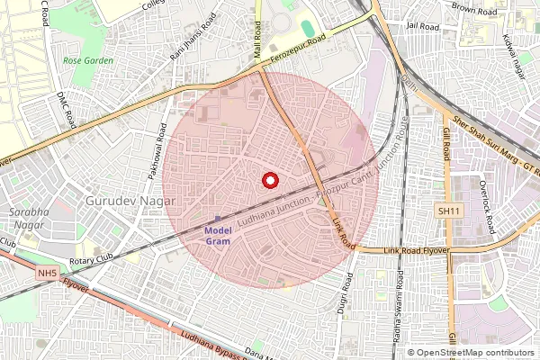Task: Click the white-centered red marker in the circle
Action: (269, 180)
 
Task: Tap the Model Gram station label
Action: (217, 236)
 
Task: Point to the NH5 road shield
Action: (48, 271)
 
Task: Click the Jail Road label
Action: (421, 27)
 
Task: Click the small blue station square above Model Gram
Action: (217, 219)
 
